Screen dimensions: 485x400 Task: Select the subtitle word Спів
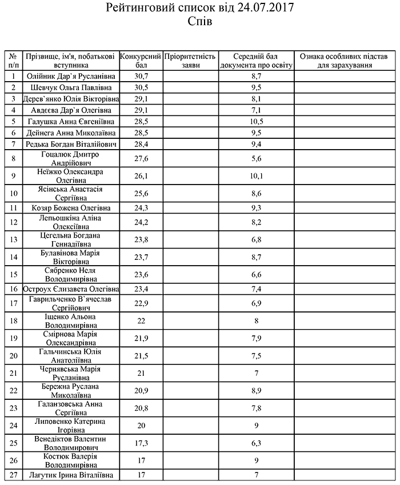[199, 22]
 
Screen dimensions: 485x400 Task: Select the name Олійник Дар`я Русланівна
[71, 76]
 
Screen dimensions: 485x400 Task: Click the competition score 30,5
[142, 87]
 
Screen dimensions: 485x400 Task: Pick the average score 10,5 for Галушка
[256, 122]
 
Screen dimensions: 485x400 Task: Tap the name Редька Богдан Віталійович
[71, 143]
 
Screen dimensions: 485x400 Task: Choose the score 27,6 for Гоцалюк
[142, 158]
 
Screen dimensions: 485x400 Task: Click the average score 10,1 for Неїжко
[256, 175]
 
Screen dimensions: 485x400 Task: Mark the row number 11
[13, 208]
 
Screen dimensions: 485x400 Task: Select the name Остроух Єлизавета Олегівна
[71, 290]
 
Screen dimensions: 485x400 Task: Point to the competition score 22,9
[142, 301]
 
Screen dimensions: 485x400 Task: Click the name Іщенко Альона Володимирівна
[71, 321]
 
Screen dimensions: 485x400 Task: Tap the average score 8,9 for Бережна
[256, 390]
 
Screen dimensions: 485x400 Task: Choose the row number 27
[13, 475]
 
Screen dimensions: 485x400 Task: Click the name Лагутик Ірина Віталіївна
[71, 475]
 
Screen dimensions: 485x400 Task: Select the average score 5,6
[256, 158]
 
